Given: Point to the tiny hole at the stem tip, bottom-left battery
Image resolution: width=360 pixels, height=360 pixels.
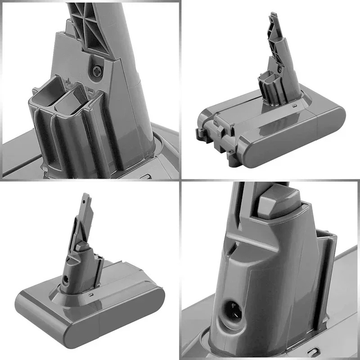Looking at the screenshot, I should coord(85,196).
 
